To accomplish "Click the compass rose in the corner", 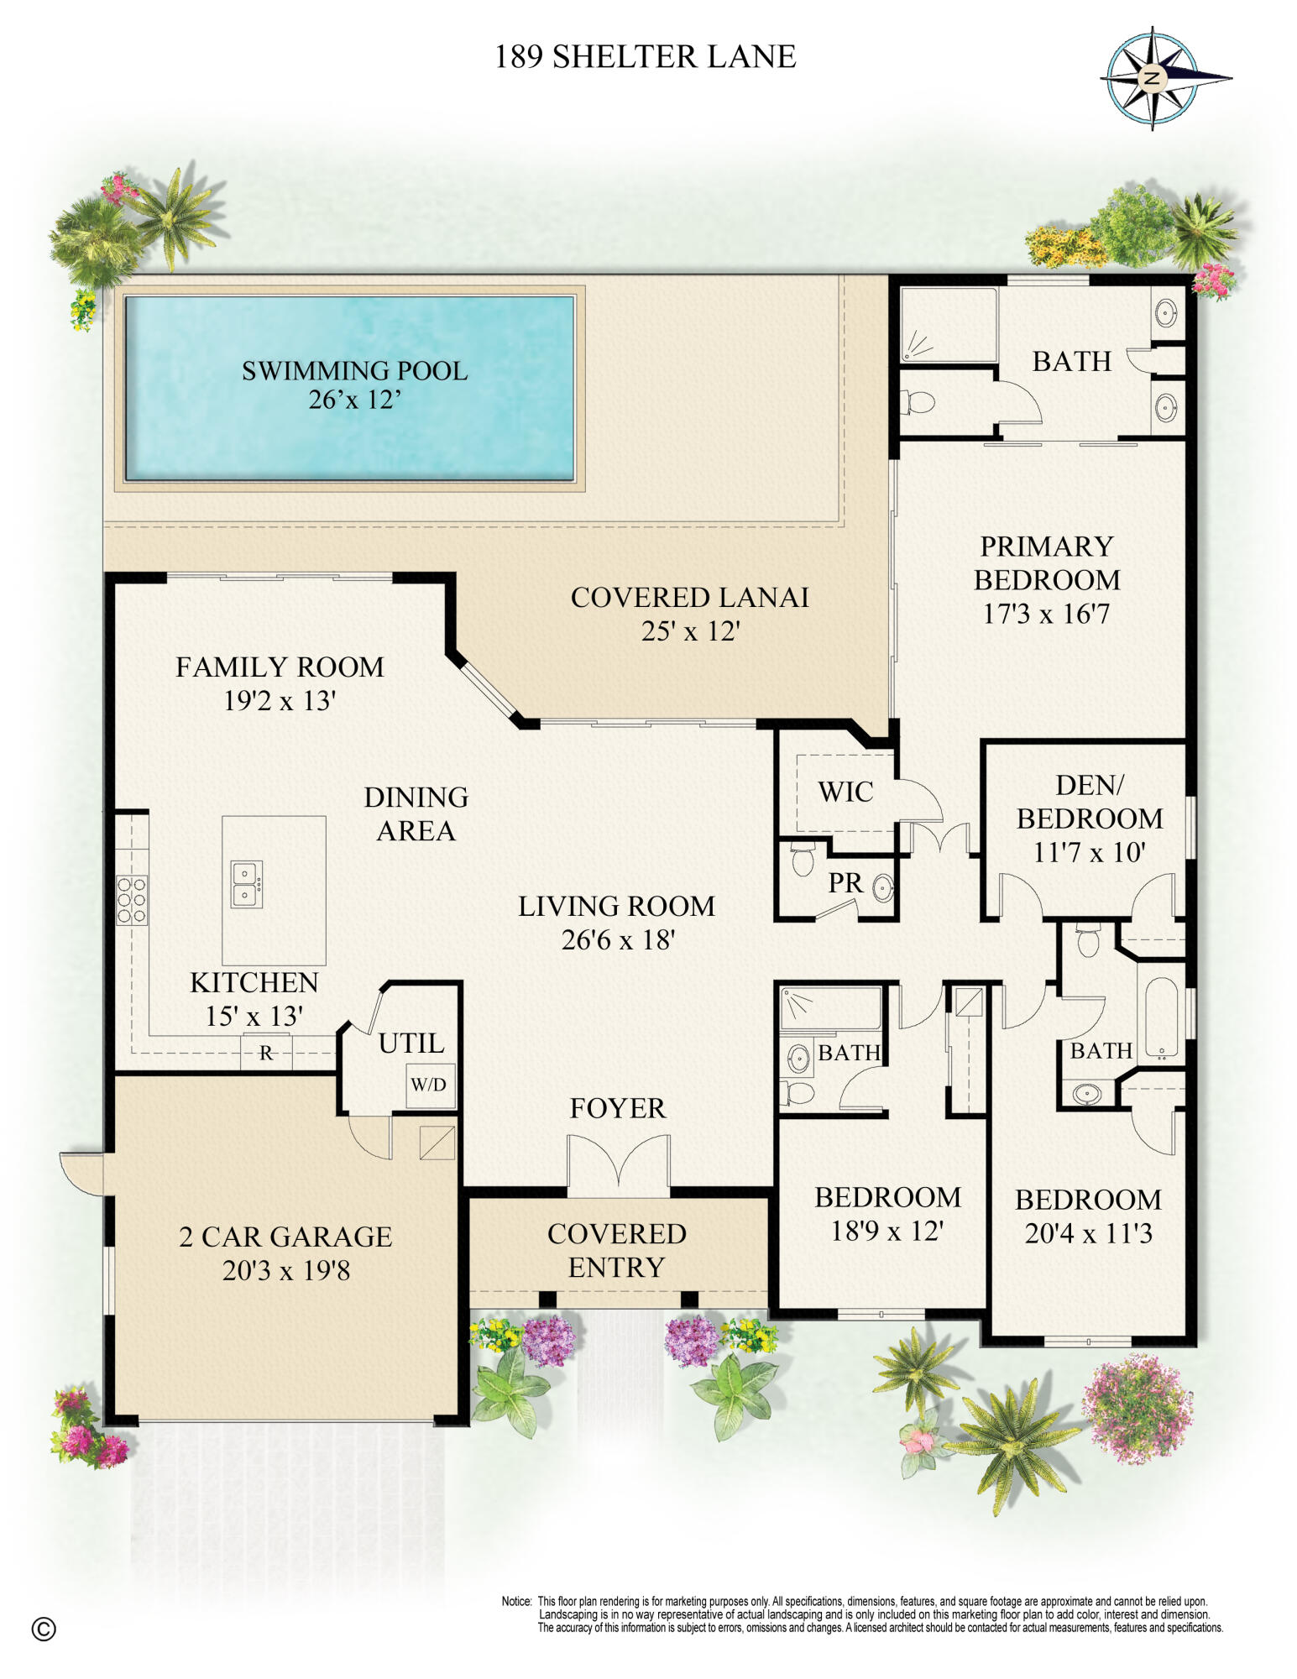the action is tap(1153, 80).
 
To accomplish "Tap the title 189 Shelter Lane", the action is tap(645, 57).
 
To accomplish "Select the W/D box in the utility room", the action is tap(429, 1085).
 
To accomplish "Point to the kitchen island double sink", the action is tap(245, 884).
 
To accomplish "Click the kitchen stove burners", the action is tap(132, 900).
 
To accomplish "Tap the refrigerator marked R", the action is tap(266, 1053).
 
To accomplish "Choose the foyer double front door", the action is tap(619, 1165).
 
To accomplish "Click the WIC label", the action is tap(845, 792).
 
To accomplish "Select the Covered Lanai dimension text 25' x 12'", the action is tap(690, 630).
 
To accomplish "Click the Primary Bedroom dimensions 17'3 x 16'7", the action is tap(1046, 614).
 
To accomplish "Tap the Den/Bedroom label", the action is tap(1090, 802).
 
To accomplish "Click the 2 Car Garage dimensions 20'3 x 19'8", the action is tap(286, 1270).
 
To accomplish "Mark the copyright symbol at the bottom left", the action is tap(44, 1629).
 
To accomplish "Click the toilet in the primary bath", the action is tap(917, 402).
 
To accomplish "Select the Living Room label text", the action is tap(617, 906).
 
